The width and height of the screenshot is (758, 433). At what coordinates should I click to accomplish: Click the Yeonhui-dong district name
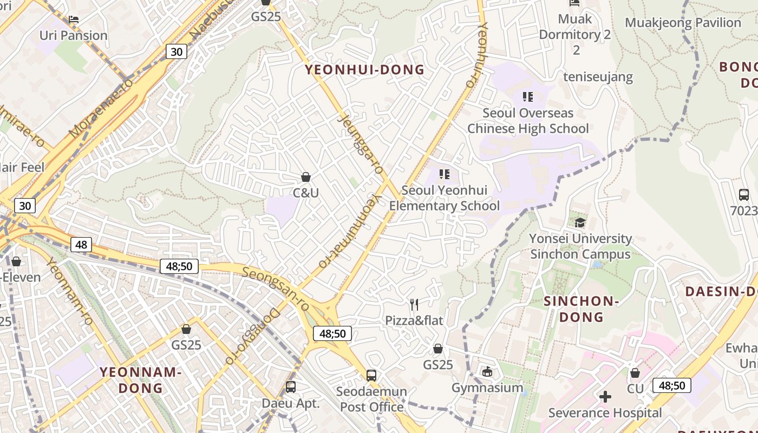[x=364, y=70]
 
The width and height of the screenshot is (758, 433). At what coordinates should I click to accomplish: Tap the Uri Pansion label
[x=74, y=36]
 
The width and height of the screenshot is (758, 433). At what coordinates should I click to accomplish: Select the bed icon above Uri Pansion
[x=74, y=19]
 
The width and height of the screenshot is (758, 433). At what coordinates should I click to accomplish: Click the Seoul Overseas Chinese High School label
[x=528, y=121]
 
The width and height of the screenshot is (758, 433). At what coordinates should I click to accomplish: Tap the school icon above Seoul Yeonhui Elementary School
[x=445, y=174]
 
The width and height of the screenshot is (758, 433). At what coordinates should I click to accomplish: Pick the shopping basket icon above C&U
[x=306, y=177]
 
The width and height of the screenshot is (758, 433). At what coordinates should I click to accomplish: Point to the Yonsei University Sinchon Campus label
[x=580, y=246]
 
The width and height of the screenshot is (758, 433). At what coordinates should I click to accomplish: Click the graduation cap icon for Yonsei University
[x=580, y=222]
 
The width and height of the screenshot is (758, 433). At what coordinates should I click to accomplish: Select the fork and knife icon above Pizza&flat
[x=414, y=304]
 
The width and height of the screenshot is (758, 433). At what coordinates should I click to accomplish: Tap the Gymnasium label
[x=487, y=388]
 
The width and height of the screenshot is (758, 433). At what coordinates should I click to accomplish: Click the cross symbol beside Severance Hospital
[x=605, y=397]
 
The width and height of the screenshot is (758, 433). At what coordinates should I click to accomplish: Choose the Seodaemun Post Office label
[x=371, y=399]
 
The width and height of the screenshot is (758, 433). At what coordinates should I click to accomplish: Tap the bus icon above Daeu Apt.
[x=291, y=387]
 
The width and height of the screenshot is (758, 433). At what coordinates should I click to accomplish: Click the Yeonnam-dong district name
[x=141, y=380]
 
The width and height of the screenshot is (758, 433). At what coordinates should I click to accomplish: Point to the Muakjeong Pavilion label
[x=683, y=23]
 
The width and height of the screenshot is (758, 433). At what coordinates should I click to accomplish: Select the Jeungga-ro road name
[x=359, y=143]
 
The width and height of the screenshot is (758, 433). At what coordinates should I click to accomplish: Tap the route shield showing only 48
[x=81, y=245]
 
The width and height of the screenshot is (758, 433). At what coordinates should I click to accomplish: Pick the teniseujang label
[x=598, y=77]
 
